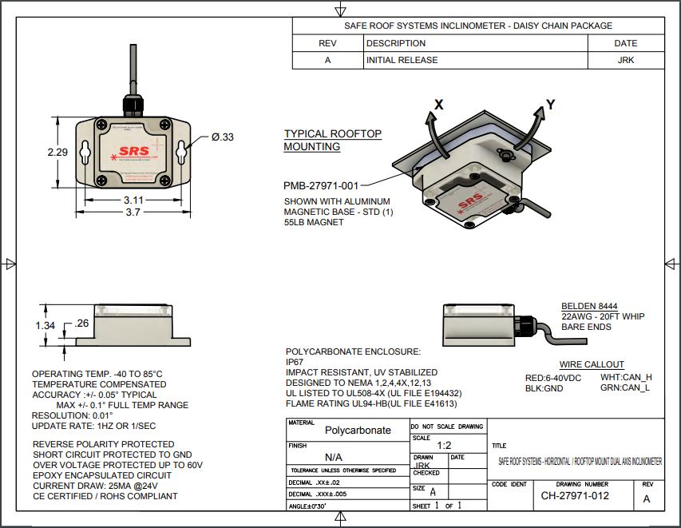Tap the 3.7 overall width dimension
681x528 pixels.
[133, 212]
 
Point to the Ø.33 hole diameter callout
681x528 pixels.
[223, 137]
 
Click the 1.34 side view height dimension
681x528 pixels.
[46, 325]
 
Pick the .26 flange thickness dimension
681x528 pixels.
[81, 324]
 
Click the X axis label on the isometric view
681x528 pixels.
[438, 104]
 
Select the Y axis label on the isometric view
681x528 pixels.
[549, 103]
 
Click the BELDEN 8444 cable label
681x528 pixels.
[591, 305]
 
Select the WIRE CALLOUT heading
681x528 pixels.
[592, 364]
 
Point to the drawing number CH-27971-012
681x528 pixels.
[575, 495]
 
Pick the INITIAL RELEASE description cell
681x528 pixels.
[402, 60]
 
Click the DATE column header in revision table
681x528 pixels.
[625, 43]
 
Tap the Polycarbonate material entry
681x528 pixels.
[358, 430]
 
